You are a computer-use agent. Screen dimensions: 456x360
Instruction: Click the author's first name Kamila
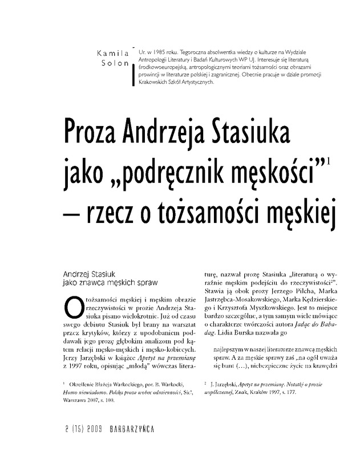(x=114, y=53)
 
